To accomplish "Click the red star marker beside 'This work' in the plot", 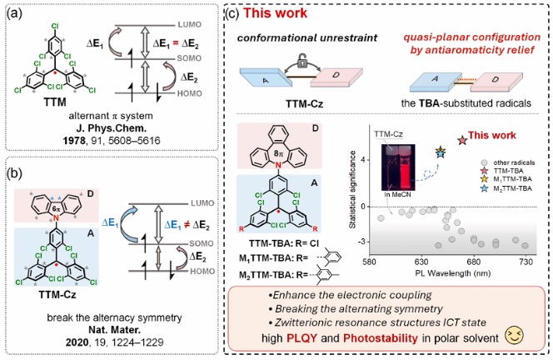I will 462,140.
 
